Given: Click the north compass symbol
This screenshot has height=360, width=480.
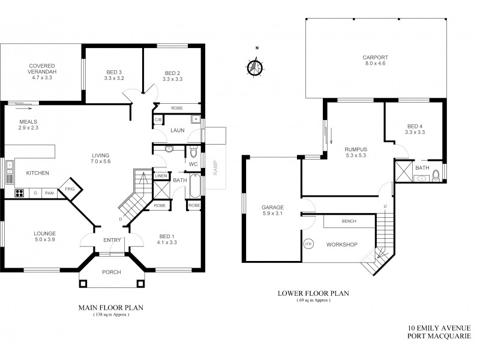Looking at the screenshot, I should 255,66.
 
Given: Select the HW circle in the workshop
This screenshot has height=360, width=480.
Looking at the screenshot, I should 308,244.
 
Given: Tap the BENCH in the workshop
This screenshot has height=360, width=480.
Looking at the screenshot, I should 349,221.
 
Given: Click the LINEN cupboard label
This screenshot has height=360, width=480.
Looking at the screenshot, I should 160,176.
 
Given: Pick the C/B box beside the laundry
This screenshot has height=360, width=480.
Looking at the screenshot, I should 158,120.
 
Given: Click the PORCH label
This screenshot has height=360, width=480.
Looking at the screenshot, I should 112,272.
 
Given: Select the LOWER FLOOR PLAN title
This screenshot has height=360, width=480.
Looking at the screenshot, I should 313,293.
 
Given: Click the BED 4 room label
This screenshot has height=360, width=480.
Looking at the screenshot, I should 415,128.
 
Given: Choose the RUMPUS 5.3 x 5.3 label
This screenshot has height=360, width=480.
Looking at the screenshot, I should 356,152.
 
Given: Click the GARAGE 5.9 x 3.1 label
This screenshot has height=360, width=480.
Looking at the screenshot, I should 272,210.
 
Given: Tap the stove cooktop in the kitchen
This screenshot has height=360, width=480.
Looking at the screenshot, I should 19,193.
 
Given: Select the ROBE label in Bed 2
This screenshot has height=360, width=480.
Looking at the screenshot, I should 177,109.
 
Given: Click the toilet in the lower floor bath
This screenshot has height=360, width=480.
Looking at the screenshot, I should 436,175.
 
